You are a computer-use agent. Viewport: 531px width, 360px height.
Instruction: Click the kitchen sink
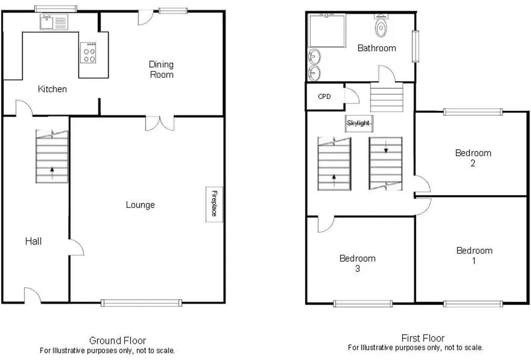click(x=47, y=22)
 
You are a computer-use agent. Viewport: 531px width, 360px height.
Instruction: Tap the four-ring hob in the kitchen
click(x=88, y=53)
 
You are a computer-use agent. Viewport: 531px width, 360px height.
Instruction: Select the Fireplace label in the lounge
click(x=214, y=204)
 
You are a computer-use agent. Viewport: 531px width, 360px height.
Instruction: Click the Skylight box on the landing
click(x=359, y=123)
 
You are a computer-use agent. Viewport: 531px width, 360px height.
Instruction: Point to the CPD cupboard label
click(x=324, y=97)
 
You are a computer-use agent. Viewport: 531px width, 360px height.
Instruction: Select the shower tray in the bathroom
click(x=327, y=30)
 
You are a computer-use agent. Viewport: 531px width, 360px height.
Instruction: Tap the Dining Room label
click(x=162, y=69)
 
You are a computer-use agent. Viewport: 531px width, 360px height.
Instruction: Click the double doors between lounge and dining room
click(x=160, y=123)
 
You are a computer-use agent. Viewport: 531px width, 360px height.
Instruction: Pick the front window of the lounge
click(x=141, y=303)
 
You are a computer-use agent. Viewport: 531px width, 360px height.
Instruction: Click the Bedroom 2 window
click(x=473, y=112)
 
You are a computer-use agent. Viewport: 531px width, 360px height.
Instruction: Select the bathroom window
click(x=416, y=46)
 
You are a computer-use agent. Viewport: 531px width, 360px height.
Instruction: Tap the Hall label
click(x=34, y=241)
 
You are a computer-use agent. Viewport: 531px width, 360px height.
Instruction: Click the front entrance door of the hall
click(x=33, y=295)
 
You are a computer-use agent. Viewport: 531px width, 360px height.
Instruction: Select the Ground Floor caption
click(x=118, y=340)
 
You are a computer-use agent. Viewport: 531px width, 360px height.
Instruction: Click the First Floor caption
click(x=423, y=338)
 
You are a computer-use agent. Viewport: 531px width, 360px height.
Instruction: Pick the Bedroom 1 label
click(x=474, y=255)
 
